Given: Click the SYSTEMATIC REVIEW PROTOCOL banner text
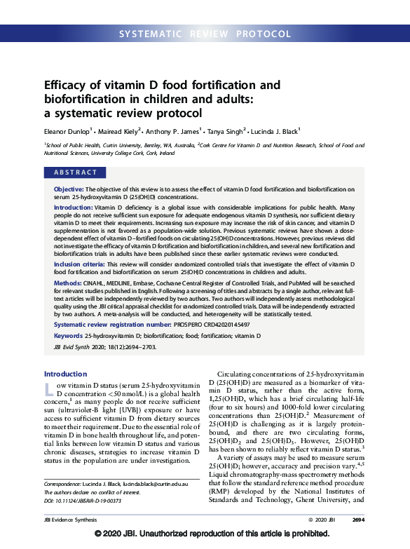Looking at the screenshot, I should point(205,34).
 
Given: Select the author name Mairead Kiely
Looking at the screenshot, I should point(120,130).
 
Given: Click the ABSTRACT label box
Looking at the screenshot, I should point(76,172).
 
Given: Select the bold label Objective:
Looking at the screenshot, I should point(71,190).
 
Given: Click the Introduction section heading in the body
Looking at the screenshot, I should point(66,374).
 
